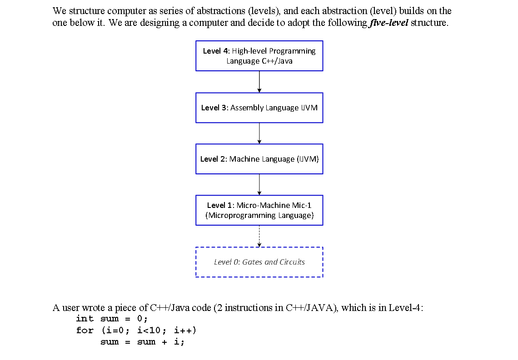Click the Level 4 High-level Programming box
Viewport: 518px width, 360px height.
tap(259, 56)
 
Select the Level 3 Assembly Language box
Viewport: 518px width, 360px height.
tap(259, 108)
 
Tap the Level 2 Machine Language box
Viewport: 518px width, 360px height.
tap(259, 159)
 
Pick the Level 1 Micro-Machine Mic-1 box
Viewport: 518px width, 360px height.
tap(259, 210)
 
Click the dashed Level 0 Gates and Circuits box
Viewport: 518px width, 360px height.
tap(259, 262)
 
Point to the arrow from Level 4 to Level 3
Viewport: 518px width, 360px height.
tap(259, 82)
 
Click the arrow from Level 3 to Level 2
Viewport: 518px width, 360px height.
tap(259, 133)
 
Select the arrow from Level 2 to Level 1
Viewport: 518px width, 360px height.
tap(259, 184)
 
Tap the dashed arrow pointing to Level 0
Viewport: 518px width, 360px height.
tap(259, 236)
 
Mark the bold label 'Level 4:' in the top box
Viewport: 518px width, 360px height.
tap(216, 51)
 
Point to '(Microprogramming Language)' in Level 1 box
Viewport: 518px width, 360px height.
tap(259, 215)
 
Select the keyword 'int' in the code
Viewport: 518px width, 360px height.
tap(85, 319)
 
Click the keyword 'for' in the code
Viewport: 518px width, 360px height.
tap(85, 330)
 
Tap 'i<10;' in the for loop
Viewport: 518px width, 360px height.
tap(149, 330)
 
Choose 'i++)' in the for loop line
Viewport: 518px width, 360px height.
tap(185, 330)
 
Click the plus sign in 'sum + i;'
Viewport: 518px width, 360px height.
tap(164, 342)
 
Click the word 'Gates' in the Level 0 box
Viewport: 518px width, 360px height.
tap(252, 262)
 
